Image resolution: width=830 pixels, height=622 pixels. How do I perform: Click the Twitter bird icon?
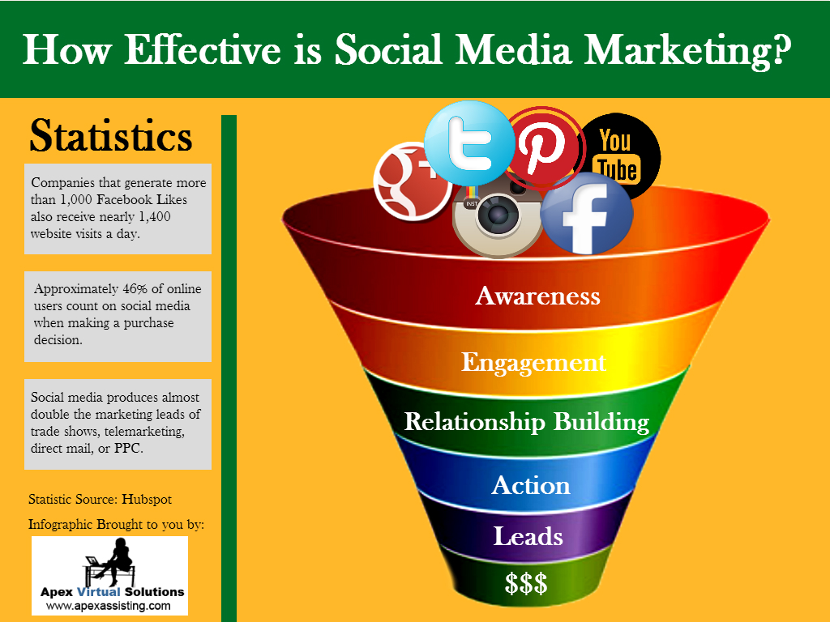click(469, 143)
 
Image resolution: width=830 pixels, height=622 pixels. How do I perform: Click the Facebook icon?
click(587, 213)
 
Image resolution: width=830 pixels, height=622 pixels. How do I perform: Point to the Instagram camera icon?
click(498, 218)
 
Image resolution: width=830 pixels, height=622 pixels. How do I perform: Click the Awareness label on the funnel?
click(538, 296)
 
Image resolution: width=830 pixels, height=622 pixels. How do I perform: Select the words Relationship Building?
click(527, 422)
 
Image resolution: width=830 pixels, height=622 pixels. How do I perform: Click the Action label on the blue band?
click(531, 485)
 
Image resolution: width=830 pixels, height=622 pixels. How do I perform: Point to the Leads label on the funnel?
click(528, 536)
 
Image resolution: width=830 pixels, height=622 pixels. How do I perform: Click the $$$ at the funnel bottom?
click(525, 584)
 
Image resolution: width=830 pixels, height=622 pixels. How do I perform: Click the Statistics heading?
click(110, 136)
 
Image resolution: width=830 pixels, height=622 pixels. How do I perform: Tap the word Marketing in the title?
click(687, 49)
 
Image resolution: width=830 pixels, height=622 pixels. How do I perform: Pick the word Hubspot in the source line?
click(147, 499)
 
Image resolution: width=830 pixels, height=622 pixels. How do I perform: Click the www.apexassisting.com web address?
click(109, 606)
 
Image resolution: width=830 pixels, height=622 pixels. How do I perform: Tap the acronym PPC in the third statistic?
click(129, 449)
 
